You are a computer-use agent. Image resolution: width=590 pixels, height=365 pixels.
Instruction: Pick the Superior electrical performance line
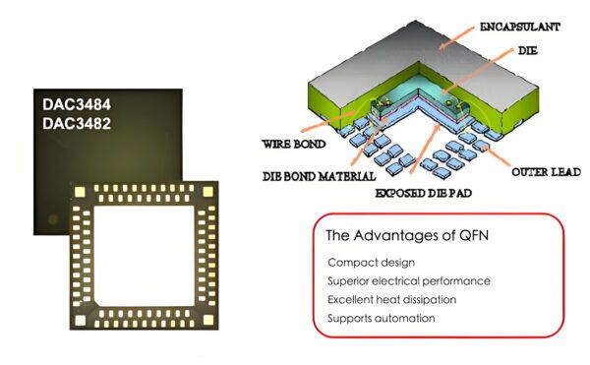coord(409,280)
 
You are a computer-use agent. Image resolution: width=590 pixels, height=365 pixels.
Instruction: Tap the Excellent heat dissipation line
coord(392,299)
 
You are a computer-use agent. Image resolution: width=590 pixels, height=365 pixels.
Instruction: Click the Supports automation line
coord(381,317)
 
